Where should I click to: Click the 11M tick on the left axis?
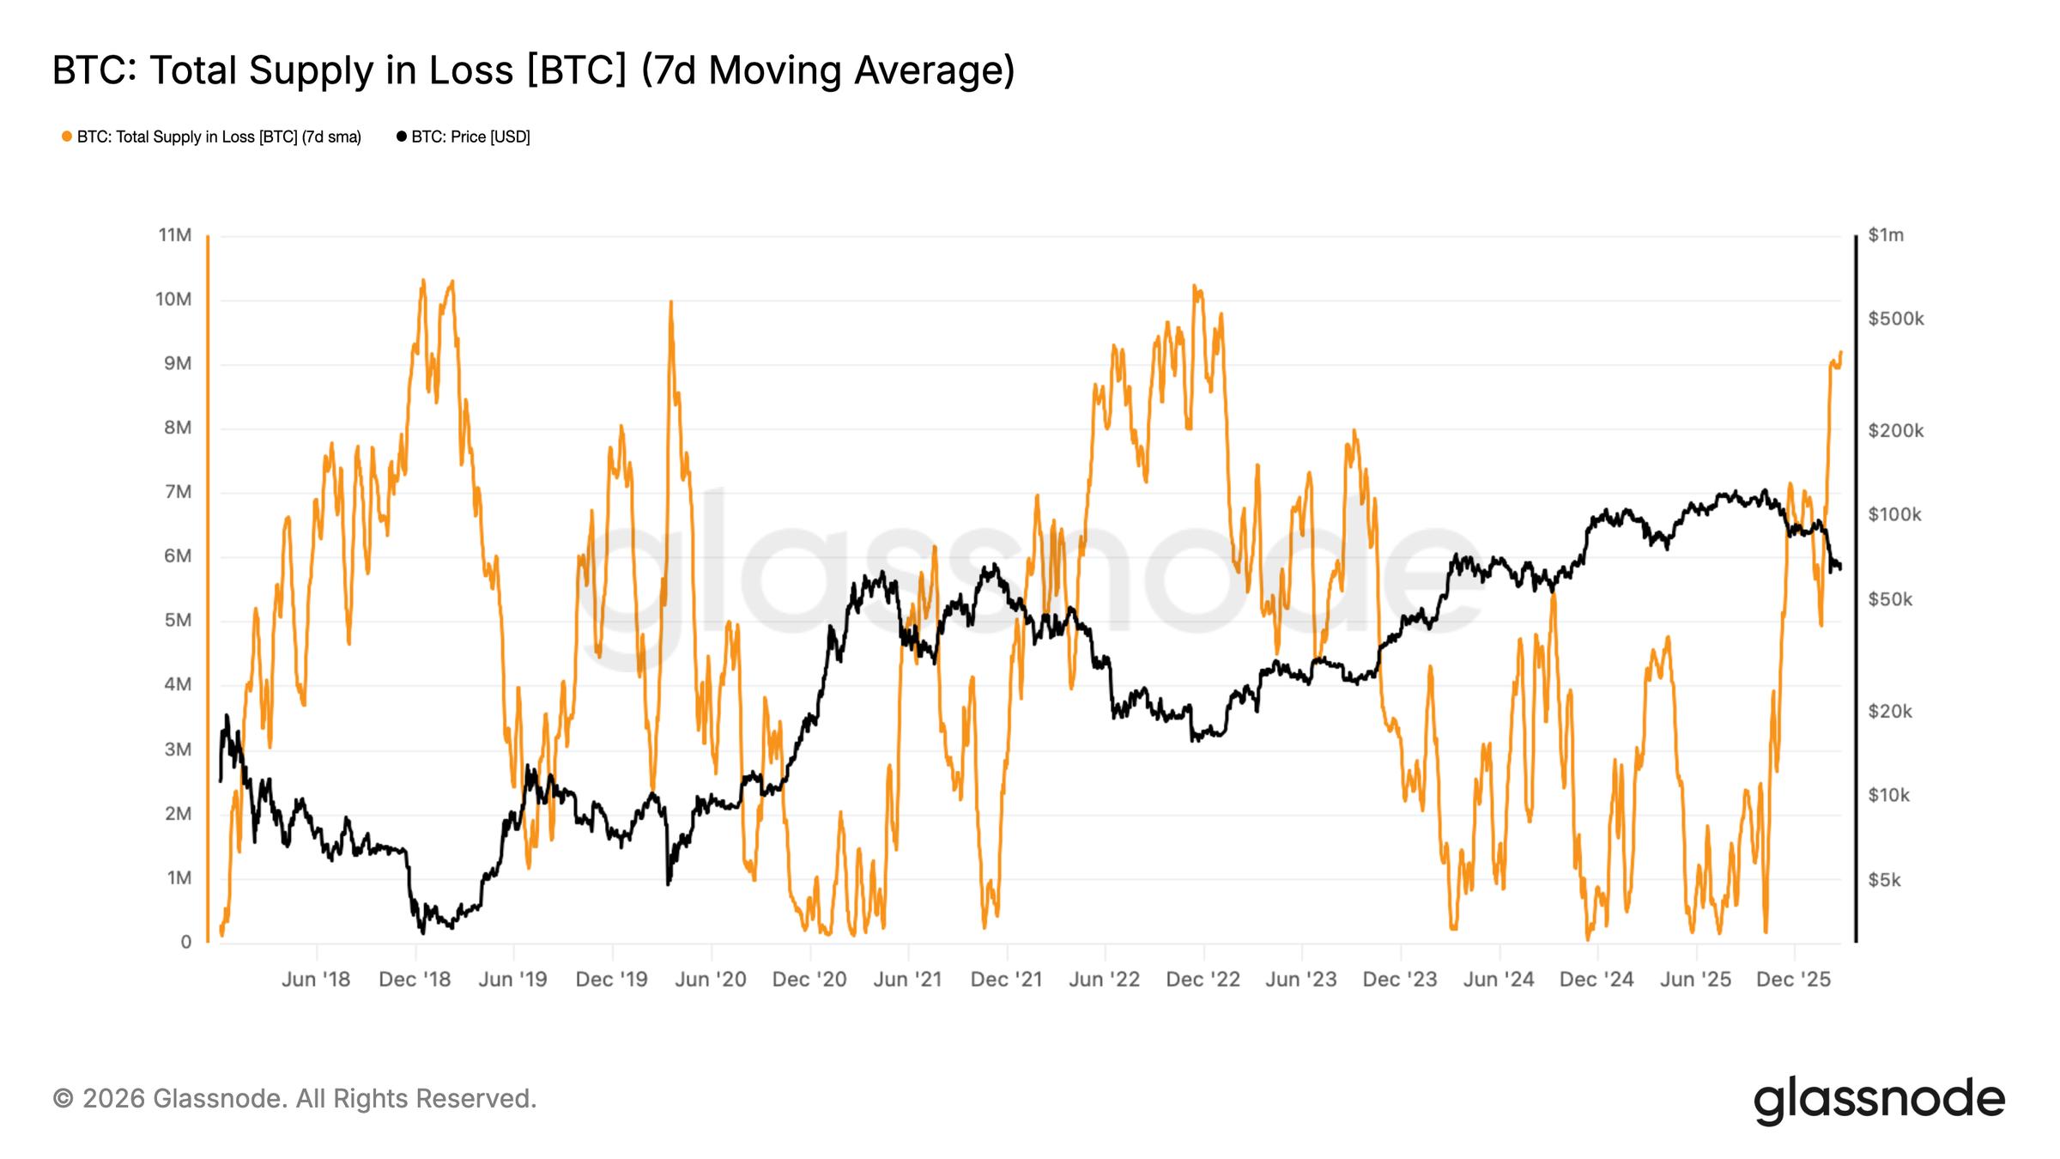pyautogui.click(x=175, y=235)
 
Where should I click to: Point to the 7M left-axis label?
pyautogui.click(x=177, y=492)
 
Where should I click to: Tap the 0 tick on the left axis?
pyautogui.click(x=185, y=942)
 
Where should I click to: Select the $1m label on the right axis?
pyautogui.click(x=1886, y=235)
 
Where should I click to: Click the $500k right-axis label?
pyautogui.click(x=1896, y=319)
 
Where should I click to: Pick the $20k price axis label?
pyautogui.click(x=1890, y=711)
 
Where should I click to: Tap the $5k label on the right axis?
pyautogui.click(x=1884, y=880)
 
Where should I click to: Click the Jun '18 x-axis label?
pyautogui.click(x=316, y=980)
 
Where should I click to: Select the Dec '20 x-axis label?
pyautogui.click(x=809, y=980)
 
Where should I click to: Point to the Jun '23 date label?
pyautogui.click(x=1301, y=980)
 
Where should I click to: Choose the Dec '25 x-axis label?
pyautogui.click(x=1794, y=980)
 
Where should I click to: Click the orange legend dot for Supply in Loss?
pyautogui.click(x=67, y=137)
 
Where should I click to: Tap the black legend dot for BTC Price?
pyautogui.click(x=401, y=137)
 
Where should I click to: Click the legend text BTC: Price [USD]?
pyautogui.click(x=470, y=137)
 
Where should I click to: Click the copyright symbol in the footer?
pyautogui.click(x=63, y=1099)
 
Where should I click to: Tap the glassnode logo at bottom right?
pyautogui.click(x=1879, y=1100)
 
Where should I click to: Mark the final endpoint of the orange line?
pyautogui.click(x=1841, y=352)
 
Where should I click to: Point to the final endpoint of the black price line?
pyautogui.click(x=1840, y=567)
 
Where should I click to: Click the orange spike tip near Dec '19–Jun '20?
pyautogui.click(x=670, y=301)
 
